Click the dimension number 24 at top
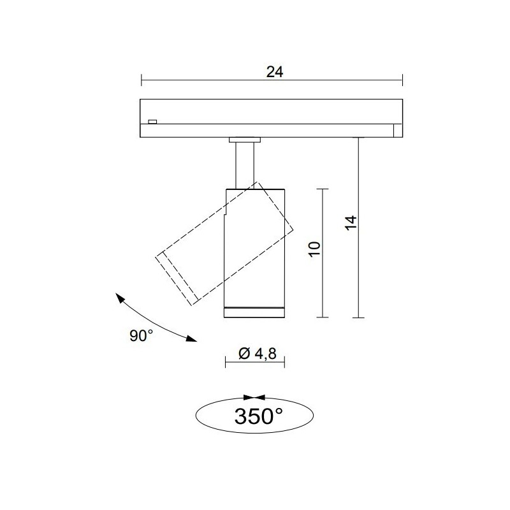pos(274,72)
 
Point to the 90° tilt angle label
pos(142,336)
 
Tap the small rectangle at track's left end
pos(152,120)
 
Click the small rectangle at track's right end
pos(398,130)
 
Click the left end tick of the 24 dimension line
pos(141,80)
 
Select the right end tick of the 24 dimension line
pos(402,80)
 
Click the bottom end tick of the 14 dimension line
pos(359,317)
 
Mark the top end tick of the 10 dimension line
pos(323,189)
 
